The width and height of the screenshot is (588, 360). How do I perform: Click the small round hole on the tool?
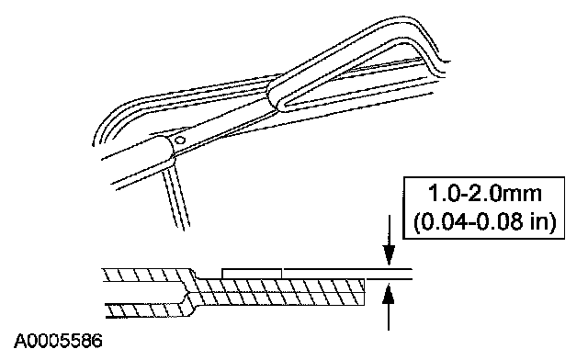(180, 141)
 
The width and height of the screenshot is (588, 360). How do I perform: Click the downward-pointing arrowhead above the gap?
(389, 255)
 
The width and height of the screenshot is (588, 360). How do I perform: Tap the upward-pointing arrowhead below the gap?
(389, 294)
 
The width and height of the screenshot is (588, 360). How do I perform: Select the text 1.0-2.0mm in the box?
(485, 194)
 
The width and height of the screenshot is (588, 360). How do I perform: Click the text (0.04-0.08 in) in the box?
(484, 221)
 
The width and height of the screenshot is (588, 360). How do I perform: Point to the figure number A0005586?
(58, 342)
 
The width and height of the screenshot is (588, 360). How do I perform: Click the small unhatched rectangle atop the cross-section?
(252, 274)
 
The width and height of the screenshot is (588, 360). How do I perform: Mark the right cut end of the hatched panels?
(364, 292)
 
